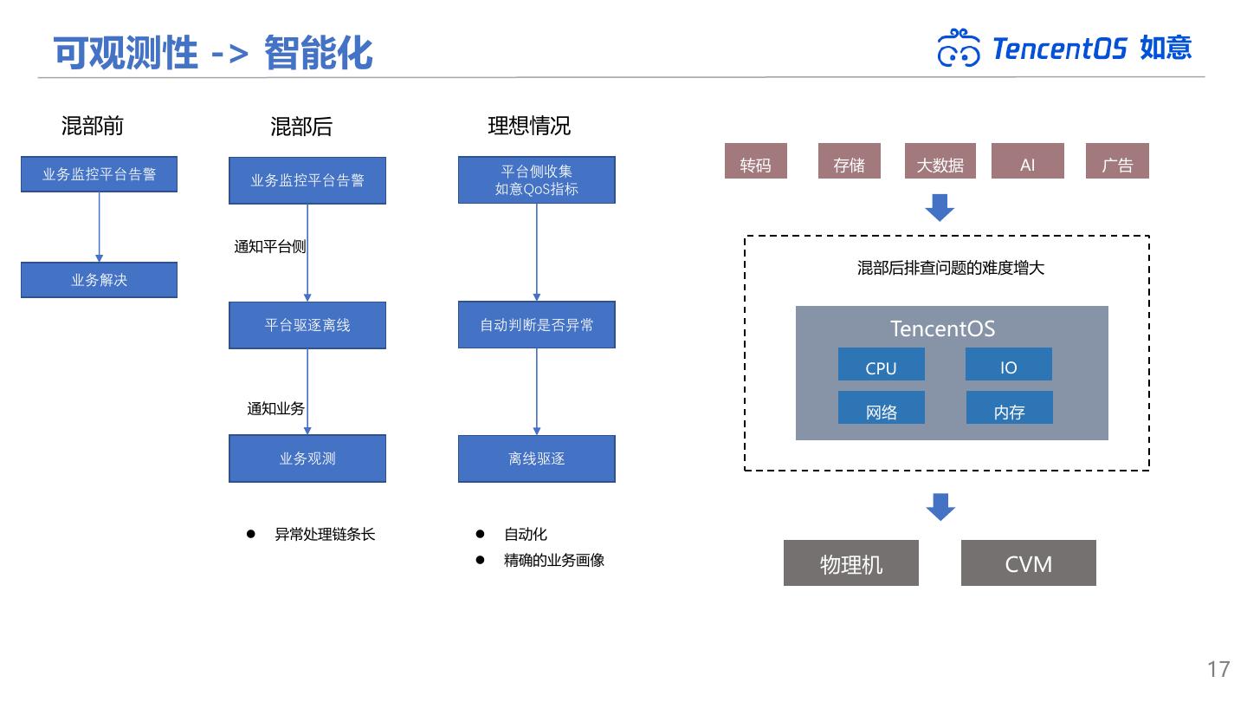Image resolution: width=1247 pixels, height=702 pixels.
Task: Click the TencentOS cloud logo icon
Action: [959, 48]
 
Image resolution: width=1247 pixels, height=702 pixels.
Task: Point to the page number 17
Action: [1218, 669]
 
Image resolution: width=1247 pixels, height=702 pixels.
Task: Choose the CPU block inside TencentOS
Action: [881, 365]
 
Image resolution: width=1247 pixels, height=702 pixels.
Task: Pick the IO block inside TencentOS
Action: [1008, 365]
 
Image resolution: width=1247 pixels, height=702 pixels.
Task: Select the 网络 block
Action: [881, 408]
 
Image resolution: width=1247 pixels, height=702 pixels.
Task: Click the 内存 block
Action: [1009, 408]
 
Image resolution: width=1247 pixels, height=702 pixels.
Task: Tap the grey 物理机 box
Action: [850, 563]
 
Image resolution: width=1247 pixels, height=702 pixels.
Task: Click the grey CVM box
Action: [1028, 563]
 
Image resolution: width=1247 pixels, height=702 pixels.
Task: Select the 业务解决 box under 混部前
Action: [99, 280]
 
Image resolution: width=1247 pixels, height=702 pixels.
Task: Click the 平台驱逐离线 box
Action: [307, 325]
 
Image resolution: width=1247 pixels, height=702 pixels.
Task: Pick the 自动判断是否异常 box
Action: [537, 325]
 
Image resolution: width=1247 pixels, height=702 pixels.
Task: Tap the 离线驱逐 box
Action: [537, 458]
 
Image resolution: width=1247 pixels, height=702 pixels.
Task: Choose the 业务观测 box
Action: [307, 458]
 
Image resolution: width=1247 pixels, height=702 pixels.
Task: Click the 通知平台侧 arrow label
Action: [269, 247]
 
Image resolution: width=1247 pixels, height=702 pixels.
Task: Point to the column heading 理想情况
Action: [529, 127]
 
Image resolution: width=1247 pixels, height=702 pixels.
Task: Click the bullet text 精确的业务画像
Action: [554, 561]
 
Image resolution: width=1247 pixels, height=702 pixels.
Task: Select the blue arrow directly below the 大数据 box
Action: [940, 208]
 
